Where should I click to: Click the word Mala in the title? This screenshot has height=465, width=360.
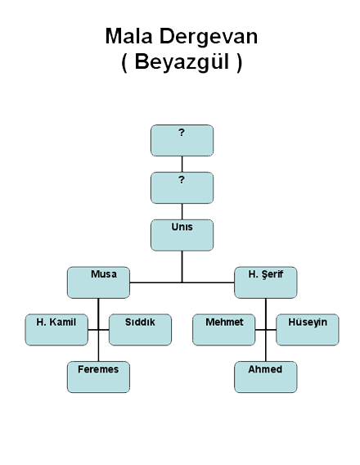pos(129,36)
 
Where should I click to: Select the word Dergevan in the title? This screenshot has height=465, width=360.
pos(209,37)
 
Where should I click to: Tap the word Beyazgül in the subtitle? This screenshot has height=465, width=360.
pos(182,62)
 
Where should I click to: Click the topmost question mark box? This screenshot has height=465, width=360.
pos(182,140)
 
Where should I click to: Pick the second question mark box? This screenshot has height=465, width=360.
pos(182,187)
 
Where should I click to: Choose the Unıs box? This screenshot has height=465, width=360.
pos(182,235)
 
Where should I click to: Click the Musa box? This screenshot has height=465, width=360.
pos(98,282)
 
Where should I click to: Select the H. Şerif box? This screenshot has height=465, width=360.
pos(265,282)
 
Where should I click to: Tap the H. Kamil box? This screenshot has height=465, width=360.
pos(56,330)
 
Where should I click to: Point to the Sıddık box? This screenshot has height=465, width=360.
pos(140,330)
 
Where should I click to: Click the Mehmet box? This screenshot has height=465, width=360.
pos(223,330)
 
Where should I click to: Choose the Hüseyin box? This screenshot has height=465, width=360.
pos(308,330)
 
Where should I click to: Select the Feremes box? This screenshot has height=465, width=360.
pos(98,377)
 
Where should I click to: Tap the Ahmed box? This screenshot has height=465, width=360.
pos(265,377)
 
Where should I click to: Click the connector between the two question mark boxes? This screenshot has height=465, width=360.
pos(182,164)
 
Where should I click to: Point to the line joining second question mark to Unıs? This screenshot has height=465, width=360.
pos(182,211)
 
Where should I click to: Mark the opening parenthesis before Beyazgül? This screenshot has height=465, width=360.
pos(124,63)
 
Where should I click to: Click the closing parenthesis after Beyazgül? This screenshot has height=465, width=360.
pos(240,63)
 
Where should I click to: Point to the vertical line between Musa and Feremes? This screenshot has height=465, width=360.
pos(98,330)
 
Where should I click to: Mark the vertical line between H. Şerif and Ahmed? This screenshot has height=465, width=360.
pos(265,330)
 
